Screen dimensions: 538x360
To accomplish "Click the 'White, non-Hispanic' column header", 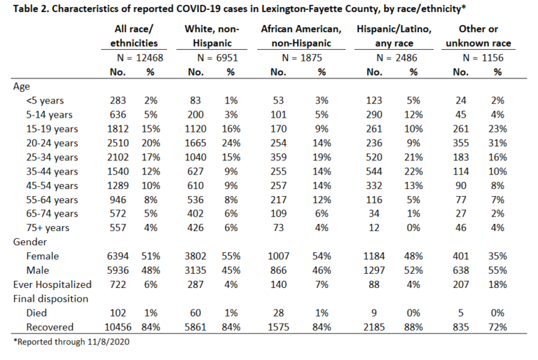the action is point(212,36).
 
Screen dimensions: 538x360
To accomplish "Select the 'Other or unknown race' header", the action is point(478,36).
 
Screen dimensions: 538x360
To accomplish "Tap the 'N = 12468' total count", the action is point(140,57).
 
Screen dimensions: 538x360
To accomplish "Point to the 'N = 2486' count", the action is point(396,57).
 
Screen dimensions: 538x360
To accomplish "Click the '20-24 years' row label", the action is point(52,143).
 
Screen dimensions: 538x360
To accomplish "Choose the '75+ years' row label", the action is point(48,228).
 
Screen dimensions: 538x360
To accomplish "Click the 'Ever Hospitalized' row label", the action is point(52,284).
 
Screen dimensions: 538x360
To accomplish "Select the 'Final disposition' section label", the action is point(50,298).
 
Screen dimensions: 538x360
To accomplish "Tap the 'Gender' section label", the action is point(30,242).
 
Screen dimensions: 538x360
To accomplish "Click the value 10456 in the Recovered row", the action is point(118,327).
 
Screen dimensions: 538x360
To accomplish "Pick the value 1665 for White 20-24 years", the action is point(195,143).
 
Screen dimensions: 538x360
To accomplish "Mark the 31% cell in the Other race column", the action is point(497,143).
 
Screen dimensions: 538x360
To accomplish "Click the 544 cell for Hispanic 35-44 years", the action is point(374,172).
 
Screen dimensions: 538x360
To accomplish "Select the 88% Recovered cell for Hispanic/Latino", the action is point(413,327).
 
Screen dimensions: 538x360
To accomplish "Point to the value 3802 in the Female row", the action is point(195,256).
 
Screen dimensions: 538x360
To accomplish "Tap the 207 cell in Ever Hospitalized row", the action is point(461,284).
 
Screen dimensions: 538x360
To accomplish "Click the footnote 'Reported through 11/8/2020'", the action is point(71,342).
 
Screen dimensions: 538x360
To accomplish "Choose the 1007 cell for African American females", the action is point(278,256).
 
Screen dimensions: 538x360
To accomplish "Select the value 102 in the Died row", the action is point(118,313).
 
